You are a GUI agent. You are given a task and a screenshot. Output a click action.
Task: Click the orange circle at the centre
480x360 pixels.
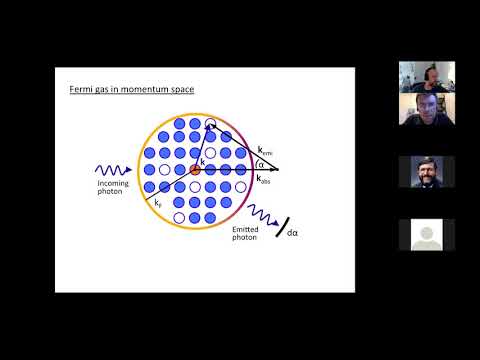(195, 170)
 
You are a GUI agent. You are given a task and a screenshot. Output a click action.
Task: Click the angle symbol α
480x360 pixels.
(261, 164)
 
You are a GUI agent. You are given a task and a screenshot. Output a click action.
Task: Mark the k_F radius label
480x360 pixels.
(158, 202)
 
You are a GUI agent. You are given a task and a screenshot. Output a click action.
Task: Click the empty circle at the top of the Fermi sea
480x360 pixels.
(209, 125)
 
